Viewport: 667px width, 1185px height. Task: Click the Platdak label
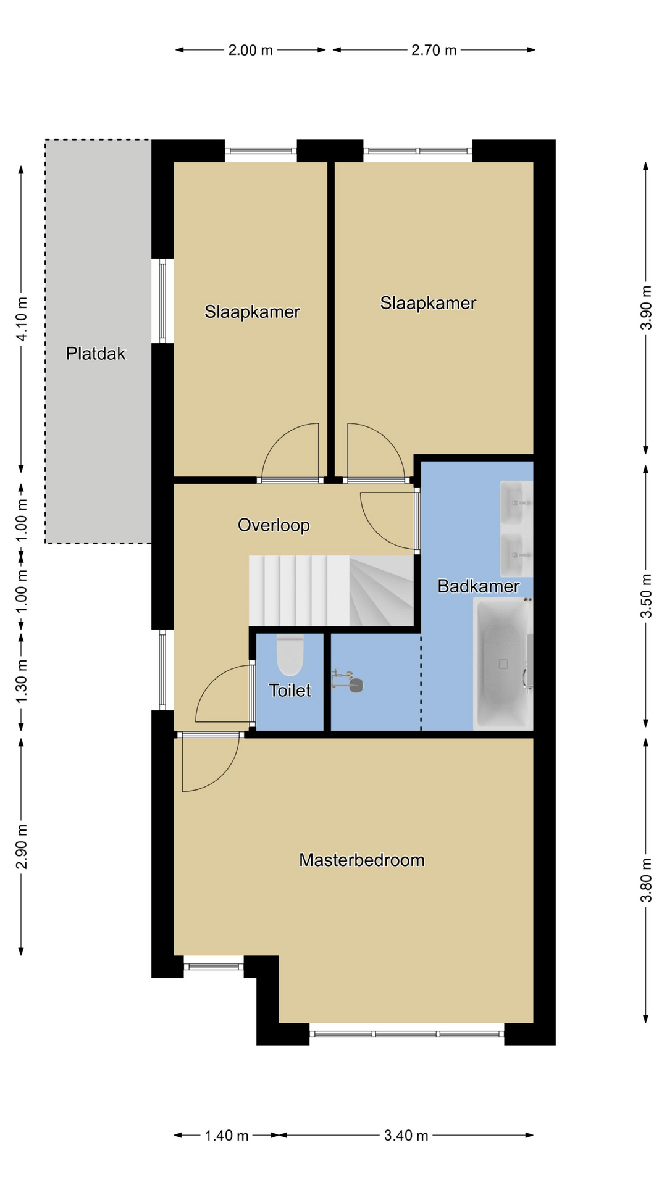(96, 354)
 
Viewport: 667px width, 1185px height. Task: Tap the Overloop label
(274, 525)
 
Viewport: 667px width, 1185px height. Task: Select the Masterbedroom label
(362, 860)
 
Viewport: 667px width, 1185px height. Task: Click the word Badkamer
(479, 586)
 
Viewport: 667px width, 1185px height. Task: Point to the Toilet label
(290, 690)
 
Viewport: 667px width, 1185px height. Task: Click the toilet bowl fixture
(290, 655)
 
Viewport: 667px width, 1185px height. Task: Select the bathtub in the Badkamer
(503, 664)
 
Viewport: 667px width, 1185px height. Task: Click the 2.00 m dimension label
(251, 50)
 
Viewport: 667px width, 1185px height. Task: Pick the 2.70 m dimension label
(434, 50)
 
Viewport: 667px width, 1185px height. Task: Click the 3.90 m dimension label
(646, 307)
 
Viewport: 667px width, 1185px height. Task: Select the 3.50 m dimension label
(646, 596)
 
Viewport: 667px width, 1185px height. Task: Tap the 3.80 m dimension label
(646, 880)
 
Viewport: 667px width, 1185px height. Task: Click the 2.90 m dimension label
(22, 846)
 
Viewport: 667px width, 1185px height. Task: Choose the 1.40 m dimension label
(227, 1135)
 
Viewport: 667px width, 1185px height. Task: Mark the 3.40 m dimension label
(406, 1135)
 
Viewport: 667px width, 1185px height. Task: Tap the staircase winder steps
(382, 591)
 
